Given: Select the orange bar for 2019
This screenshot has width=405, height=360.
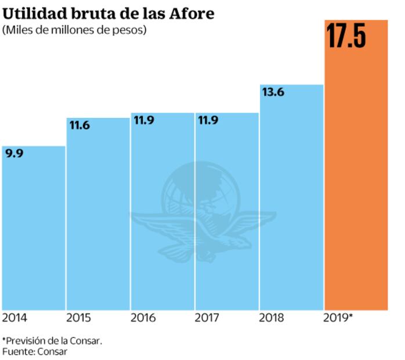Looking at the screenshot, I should pos(356,174).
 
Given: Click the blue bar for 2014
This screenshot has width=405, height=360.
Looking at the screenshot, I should pos(33,232).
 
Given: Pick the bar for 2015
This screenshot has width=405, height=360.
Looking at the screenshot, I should pos(97,221).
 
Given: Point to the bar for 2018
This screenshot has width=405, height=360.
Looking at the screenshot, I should pos(291,203).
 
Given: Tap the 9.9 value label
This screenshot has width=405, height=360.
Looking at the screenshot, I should pos(15,154).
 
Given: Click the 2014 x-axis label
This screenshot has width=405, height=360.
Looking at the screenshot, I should pos(15,318).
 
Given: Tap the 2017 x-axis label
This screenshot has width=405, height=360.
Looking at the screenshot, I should pos(207,318).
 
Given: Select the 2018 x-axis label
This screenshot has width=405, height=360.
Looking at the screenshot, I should pos(272,318).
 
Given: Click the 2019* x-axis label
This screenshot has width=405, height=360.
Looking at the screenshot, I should pos(338,318).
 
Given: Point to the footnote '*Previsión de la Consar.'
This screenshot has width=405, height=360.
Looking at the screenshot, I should pos(52,340).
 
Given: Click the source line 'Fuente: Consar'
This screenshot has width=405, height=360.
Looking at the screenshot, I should pos(35,351).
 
